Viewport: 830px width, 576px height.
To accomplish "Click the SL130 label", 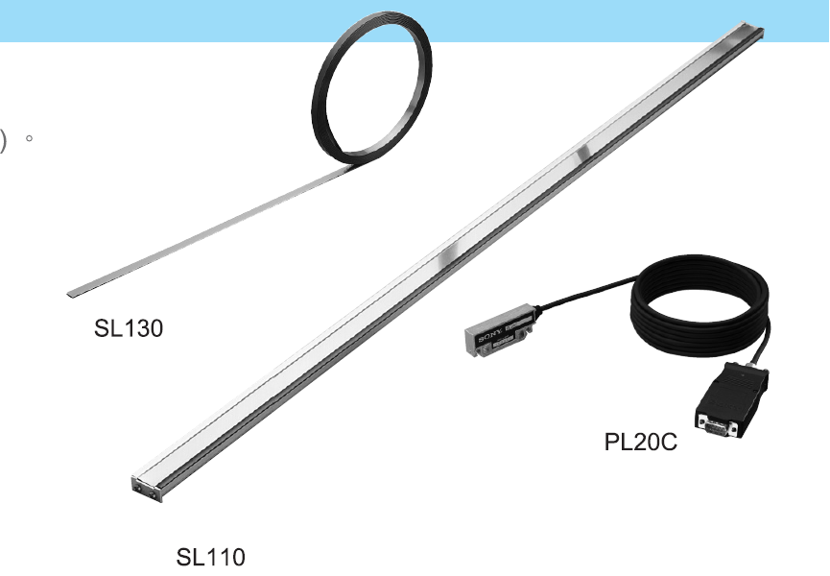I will [129, 328].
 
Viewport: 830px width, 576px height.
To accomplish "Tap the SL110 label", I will [210, 557].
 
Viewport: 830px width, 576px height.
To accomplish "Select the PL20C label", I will [641, 444].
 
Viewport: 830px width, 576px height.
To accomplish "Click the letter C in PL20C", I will [668, 444].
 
